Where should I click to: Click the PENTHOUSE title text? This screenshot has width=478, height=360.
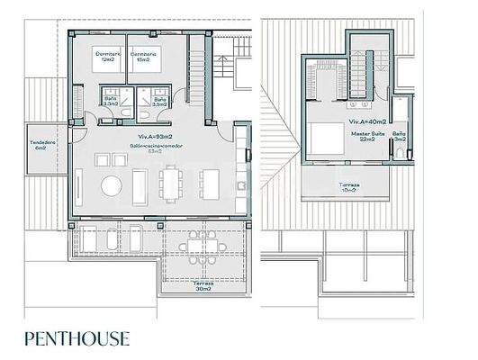(77, 339)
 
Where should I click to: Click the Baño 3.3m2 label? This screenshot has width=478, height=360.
(111, 103)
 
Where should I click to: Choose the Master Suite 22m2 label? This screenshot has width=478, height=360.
(367, 136)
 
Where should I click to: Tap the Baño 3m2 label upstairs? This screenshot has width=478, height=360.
(401, 137)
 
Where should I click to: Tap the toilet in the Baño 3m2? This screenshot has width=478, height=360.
(399, 154)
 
